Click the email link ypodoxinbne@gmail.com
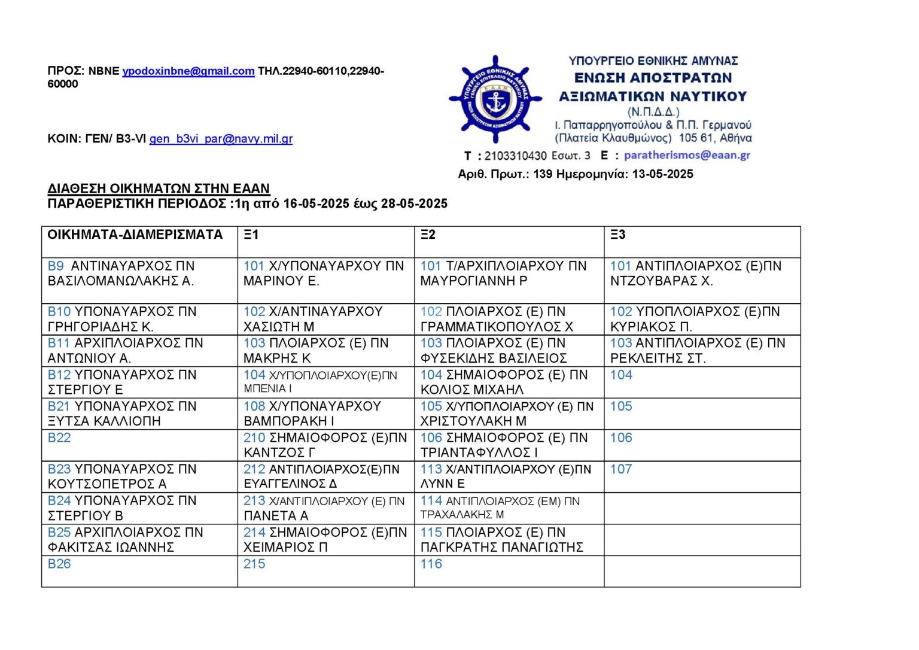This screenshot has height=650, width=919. point(188,71)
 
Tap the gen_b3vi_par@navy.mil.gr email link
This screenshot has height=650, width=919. point(221,139)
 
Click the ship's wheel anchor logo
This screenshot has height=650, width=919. point(495,100)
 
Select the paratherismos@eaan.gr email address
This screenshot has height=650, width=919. point(687,155)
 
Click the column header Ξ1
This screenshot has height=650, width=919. point(251,235)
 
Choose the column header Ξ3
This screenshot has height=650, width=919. point(618,235)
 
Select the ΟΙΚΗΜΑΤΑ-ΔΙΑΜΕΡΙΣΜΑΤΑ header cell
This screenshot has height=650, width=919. point(135,235)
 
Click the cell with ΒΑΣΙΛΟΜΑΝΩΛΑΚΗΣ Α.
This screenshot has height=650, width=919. point(121,281)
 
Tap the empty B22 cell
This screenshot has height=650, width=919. point(139,445)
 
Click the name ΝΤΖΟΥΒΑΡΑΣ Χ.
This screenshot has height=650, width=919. point(661,281)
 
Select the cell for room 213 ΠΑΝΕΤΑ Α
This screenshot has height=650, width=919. point(325,508)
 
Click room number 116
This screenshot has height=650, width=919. point(431,564)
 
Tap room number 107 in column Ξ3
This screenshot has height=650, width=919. point(621,469)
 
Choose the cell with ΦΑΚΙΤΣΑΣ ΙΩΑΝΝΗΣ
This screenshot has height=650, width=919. point(111,547)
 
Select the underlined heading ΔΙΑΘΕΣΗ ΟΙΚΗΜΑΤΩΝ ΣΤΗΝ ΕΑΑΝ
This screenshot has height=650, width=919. point(159,189)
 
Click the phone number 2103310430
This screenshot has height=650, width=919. point(515,156)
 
